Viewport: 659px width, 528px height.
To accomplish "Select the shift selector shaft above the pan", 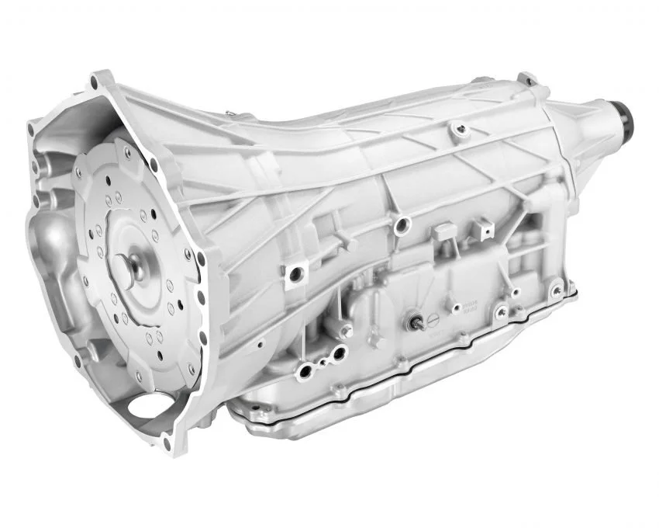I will pos(416,321).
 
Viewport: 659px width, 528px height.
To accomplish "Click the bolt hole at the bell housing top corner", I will pos(98,80).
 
